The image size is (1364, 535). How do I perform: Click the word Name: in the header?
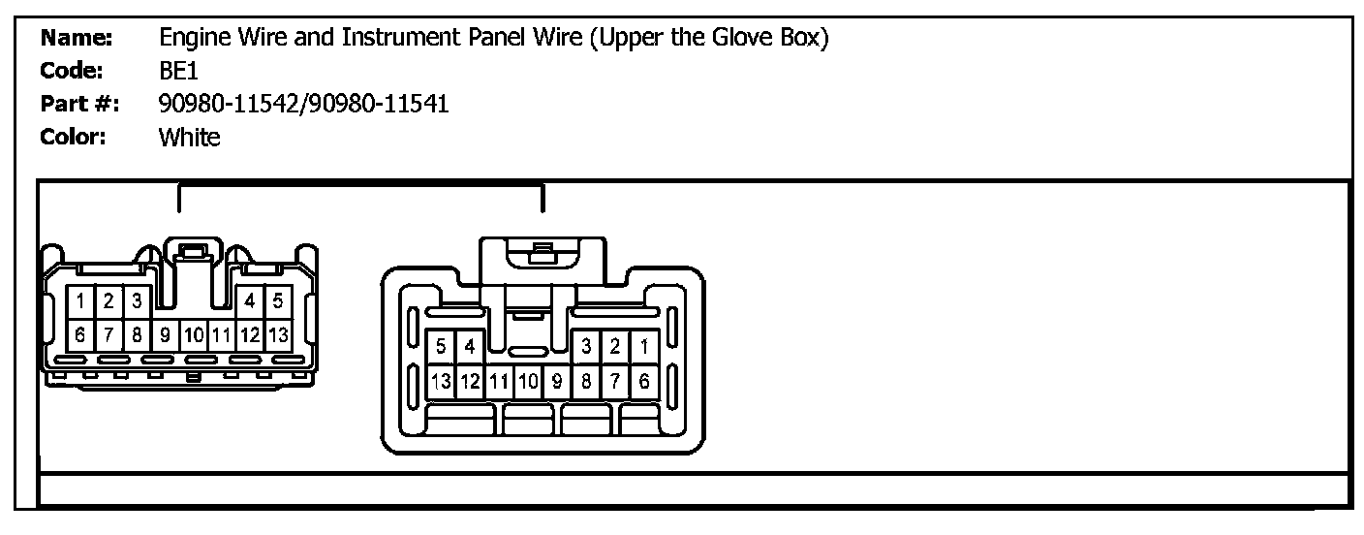77,39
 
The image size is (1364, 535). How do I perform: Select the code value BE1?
178,71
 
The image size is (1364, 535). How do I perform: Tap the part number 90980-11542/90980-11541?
303,104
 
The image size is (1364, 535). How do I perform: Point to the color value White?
189,137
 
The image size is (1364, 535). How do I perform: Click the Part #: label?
79,104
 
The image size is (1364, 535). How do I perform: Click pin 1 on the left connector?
82,300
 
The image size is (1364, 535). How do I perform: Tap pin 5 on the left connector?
277,300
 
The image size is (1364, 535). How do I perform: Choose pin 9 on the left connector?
166,335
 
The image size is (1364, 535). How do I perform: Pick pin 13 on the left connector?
277,335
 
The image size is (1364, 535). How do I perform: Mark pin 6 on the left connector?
82,335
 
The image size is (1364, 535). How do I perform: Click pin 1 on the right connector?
644,346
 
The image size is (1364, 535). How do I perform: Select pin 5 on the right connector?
441,346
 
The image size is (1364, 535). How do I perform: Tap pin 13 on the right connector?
441,381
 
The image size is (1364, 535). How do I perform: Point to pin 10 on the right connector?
528,381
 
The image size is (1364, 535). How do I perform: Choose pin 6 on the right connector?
644,381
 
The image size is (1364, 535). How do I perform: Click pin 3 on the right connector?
586,346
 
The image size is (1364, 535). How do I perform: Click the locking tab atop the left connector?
194,254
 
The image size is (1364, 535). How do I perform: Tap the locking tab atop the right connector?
542,254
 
